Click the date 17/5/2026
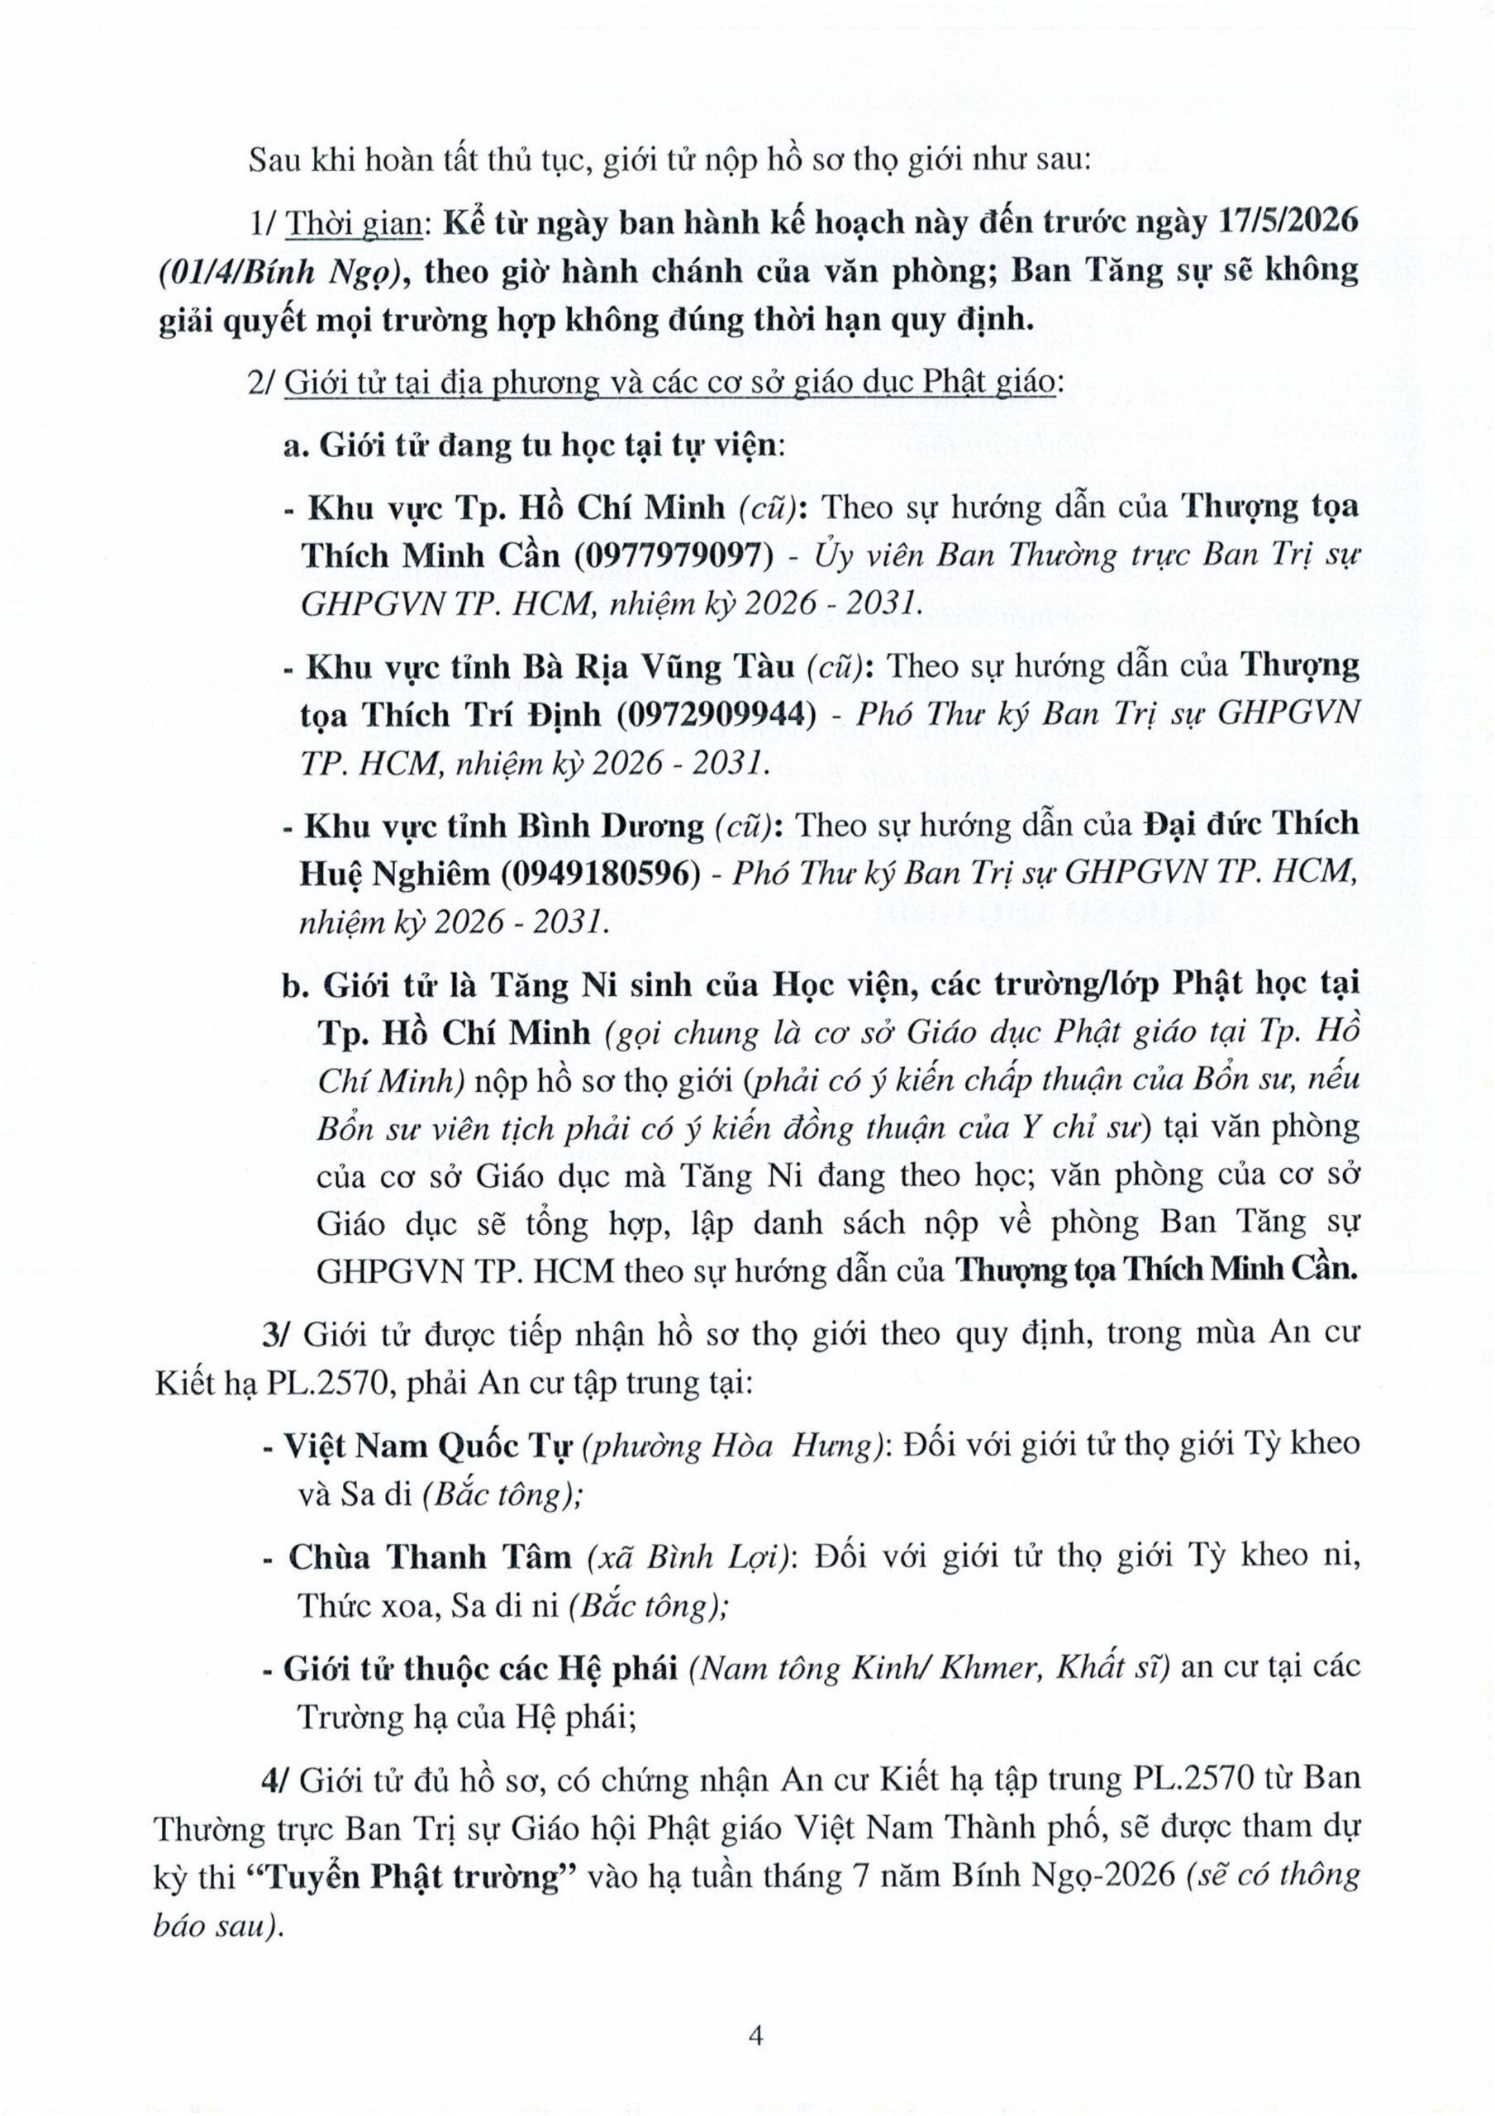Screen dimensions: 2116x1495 1282,225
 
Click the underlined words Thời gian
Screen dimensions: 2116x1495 352,225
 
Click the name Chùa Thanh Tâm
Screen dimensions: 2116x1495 431,1556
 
